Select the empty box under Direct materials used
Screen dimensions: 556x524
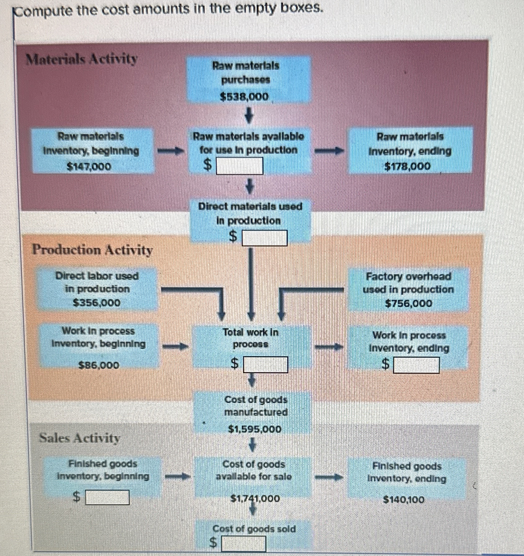tap(265, 238)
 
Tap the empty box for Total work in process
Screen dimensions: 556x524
tap(265, 365)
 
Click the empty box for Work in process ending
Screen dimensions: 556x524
tap(416, 365)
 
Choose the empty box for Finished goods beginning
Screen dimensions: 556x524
tap(108, 497)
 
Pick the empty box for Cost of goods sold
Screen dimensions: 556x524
tap(244, 543)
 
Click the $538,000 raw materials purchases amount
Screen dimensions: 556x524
tap(244, 97)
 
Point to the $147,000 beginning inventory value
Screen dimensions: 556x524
tap(89, 166)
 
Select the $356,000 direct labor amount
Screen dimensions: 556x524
tap(97, 303)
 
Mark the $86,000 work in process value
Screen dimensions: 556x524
tap(99, 365)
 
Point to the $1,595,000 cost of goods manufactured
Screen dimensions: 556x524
tap(255, 429)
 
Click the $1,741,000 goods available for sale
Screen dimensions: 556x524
tap(255, 498)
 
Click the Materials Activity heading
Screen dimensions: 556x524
tap(82, 59)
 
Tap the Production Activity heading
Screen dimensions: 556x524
tap(93, 250)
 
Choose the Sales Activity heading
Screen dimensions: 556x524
tap(79, 438)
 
